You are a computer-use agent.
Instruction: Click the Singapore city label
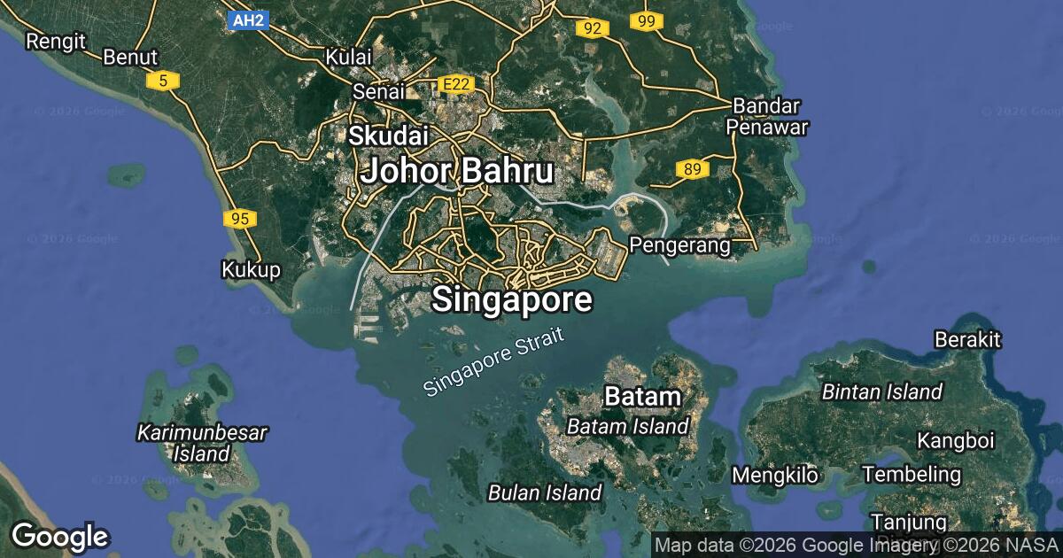(x=512, y=300)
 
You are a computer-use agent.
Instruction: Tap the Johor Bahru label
(x=457, y=171)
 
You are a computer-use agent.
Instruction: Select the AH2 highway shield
(x=247, y=19)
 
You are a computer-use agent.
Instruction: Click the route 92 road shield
(x=592, y=28)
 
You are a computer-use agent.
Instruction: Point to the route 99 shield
(x=646, y=20)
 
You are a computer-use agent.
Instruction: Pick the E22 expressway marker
(x=456, y=84)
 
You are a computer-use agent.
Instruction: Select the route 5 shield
(x=163, y=81)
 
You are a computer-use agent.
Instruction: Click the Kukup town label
(x=251, y=269)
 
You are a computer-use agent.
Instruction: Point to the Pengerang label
(x=679, y=244)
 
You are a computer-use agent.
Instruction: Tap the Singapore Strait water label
(x=493, y=363)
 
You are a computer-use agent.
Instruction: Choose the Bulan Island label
(x=545, y=492)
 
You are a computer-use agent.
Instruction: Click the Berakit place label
(x=967, y=339)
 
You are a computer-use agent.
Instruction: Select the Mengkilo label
(x=775, y=475)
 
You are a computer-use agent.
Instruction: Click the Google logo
(x=60, y=536)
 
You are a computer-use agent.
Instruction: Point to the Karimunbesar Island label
(x=201, y=443)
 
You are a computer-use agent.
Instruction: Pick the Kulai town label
(x=348, y=57)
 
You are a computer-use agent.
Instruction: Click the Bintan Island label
(x=881, y=391)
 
